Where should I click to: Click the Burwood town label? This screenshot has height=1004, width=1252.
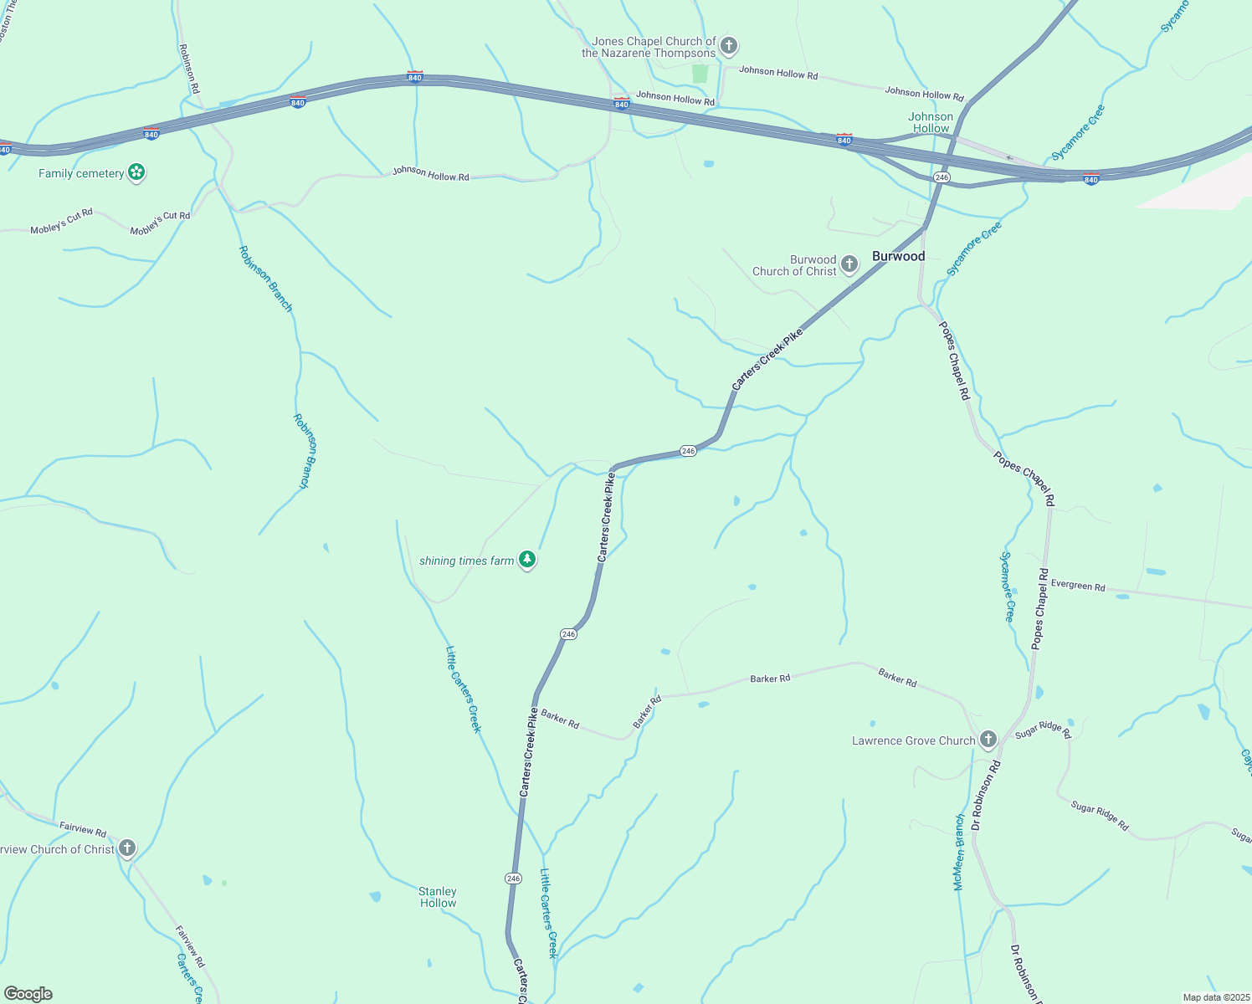(898, 256)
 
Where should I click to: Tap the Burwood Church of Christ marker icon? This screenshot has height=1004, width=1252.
(849, 265)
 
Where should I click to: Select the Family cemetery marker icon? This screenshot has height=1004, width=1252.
(137, 173)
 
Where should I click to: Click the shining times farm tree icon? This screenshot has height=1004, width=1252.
(526, 560)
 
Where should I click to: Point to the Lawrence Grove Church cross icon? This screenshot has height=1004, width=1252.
(988, 740)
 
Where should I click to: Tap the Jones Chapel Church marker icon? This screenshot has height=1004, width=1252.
(729, 45)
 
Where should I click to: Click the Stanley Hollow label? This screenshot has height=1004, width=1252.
(438, 897)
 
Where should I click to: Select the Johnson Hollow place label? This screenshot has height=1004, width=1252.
(931, 122)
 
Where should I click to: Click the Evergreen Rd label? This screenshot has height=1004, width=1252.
(1078, 586)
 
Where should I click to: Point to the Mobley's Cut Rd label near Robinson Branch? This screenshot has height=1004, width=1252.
(160, 222)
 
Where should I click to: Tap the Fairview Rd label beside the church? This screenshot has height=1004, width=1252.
(83, 828)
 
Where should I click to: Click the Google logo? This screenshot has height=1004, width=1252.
(28, 994)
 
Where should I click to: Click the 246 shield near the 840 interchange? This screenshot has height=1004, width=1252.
(942, 177)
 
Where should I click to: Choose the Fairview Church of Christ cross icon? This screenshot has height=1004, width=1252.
(127, 848)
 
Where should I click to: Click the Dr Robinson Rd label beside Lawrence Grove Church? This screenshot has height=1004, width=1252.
(986, 795)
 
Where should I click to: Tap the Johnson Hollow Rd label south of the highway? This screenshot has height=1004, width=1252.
(431, 174)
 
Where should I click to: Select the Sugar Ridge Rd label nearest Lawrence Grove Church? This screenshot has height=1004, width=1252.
(1043, 730)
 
